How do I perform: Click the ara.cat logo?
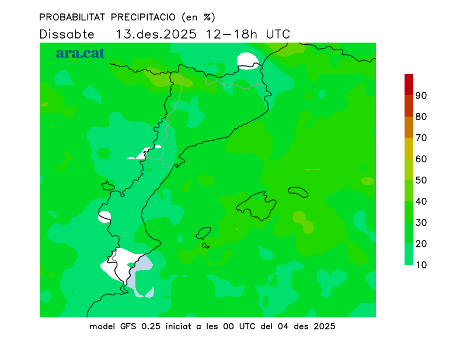click(x=80, y=53)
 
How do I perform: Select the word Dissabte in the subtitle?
click(x=67, y=34)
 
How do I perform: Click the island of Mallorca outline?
click(x=257, y=205)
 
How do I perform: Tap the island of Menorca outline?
click(x=298, y=192)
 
